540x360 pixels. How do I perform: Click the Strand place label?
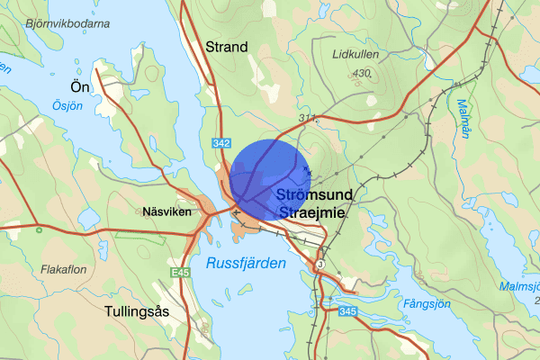[x=226, y=46]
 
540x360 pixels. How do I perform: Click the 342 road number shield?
[x=223, y=142]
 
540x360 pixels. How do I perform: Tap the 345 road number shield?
[x=347, y=311]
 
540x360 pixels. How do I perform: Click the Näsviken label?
[x=163, y=212]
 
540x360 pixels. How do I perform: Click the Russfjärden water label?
[x=246, y=263]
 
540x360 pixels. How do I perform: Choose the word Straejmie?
[x=314, y=212]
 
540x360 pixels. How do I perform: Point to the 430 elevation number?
[x=363, y=73]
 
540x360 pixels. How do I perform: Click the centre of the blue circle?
[x=270, y=179]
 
